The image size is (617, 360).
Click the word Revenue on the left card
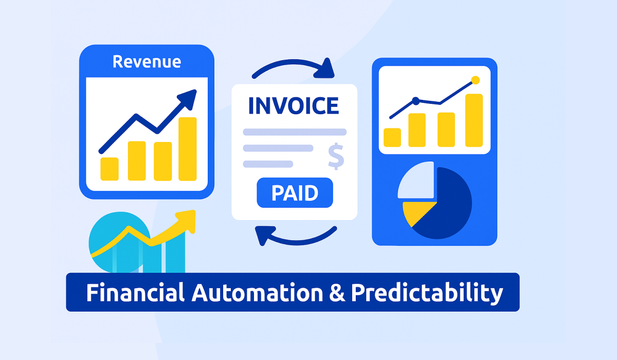[147, 62]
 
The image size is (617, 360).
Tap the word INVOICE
[294, 105]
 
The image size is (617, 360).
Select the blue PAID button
[295, 194]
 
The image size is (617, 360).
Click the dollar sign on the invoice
[335, 157]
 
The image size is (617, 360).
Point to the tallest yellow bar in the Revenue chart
[188, 149]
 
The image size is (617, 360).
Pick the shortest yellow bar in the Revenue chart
[110, 169]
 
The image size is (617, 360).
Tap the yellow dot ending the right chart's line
[475, 80]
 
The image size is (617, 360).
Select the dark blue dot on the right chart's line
[416, 101]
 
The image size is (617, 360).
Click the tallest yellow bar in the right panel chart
[474, 121]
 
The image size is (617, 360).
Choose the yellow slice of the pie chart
[414, 212]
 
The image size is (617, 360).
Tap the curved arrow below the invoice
[296, 238]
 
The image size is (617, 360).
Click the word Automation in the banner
[254, 293]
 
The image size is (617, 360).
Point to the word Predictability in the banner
[427, 293]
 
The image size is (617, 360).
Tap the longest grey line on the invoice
[295, 132]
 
